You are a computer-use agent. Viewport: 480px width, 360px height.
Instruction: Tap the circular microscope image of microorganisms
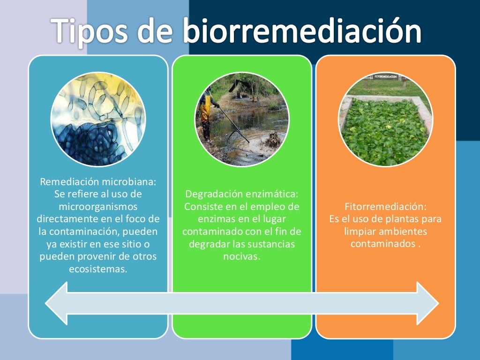(98, 119)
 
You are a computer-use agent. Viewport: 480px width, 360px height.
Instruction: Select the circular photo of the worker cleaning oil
(242, 119)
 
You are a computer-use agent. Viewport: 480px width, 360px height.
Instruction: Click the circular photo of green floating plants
(385, 119)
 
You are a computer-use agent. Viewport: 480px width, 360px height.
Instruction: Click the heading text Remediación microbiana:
(98, 181)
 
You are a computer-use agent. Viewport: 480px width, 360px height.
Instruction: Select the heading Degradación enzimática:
(242, 194)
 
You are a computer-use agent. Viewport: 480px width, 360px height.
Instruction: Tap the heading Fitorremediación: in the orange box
(385, 206)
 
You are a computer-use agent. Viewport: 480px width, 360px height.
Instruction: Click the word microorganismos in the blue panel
(98, 206)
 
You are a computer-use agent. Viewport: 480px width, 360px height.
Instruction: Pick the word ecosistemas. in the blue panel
(98, 270)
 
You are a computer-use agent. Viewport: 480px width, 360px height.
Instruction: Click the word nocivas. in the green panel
(242, 257)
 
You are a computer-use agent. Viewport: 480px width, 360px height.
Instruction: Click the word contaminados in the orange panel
(382, 244)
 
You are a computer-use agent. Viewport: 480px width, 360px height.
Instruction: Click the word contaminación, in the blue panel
(103, 232)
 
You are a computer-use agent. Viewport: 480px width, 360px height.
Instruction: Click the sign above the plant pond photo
(385, 76)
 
